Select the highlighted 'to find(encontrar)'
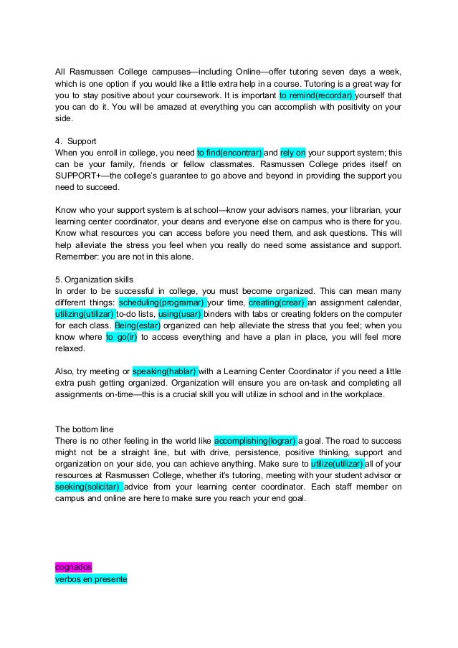(229, 153)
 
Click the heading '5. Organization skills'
(97, 280)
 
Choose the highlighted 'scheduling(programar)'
(161, 303)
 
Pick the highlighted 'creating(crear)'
(276, 303)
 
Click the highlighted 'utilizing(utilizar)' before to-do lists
(85, 315)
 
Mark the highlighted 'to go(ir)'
(121, 338)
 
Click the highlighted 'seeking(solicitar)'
(89, 487)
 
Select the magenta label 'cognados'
(74, 567)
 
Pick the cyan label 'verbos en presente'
(90, 579)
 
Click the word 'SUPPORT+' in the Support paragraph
(79, 176)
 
